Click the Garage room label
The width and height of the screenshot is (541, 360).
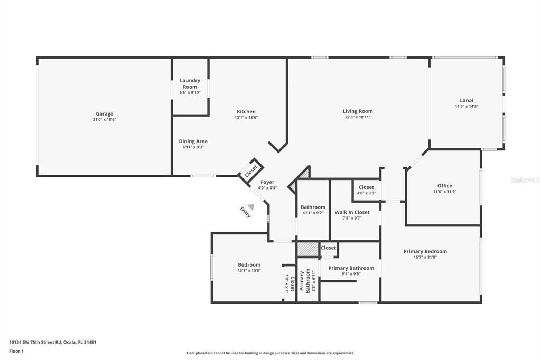click(104, 114)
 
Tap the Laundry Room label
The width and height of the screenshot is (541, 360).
click(190, 83)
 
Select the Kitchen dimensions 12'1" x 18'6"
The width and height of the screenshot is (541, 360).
click(246, 118)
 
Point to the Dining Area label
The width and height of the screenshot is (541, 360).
click(193, 141)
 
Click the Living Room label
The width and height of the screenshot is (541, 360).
click(358, 111)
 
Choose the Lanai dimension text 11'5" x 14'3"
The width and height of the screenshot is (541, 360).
click(467, 106)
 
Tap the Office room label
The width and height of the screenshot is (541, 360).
click(445, 185)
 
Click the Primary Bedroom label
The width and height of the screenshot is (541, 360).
click(425, 251)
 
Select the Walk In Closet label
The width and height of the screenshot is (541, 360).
click(352, 212)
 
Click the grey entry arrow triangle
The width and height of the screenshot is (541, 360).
click(251, 207)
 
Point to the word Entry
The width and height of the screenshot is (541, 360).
click(246, 212)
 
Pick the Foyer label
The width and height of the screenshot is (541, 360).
click(267, 182)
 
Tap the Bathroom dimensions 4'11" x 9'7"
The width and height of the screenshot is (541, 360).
click(313, 213)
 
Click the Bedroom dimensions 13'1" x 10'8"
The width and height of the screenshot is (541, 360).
click(249, 271)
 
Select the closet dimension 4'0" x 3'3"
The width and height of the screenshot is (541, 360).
click(367, 193)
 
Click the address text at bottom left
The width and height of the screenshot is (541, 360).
click(52, 343)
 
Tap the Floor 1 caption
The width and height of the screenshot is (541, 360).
click(16, 352)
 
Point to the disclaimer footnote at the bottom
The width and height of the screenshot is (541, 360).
click(270, 353)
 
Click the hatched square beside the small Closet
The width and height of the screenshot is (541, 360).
click(308, 249)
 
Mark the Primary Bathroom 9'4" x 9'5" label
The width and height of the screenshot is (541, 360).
click(351, 271)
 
